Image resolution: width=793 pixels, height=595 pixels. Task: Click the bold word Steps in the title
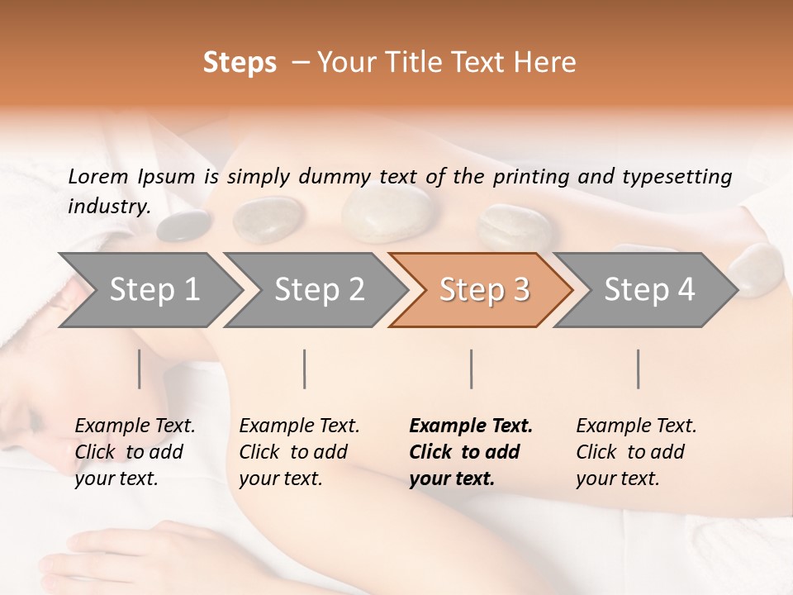(x=240, y=63)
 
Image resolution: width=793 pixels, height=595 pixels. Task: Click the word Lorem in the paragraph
(x=98, y=176)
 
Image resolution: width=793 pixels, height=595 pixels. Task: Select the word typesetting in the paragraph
(x=678, y=176)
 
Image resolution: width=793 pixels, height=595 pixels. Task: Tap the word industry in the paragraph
(x=109, y=207)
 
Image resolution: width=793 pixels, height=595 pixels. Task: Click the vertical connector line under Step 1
(x=140, y=369)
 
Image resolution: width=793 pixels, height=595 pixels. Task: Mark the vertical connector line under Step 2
(x=305, y=369)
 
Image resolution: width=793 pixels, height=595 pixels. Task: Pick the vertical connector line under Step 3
(x=472, y=369)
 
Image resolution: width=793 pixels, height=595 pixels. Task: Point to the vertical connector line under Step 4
(x=639, y=369)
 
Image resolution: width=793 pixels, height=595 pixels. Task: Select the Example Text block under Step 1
(x=135, y=452)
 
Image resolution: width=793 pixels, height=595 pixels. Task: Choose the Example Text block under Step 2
(x=299, y=452)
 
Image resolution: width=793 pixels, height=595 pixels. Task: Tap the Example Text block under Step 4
(x=636, y=452)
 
